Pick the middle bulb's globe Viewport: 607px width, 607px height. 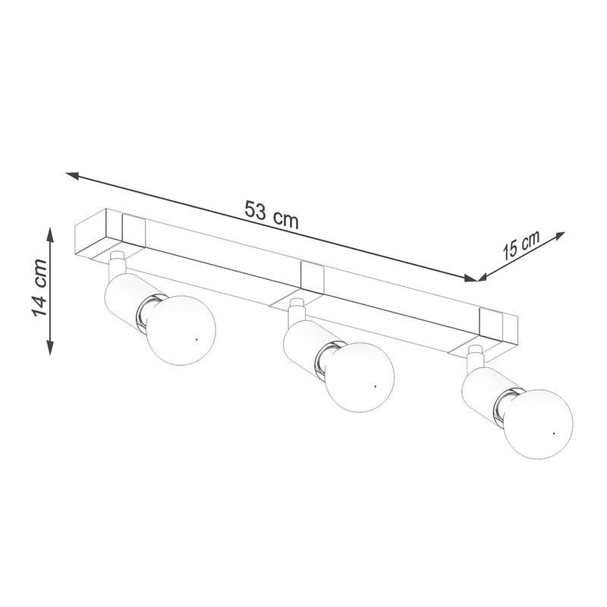pos(360,378)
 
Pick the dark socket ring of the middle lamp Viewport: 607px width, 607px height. pos(326,360)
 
